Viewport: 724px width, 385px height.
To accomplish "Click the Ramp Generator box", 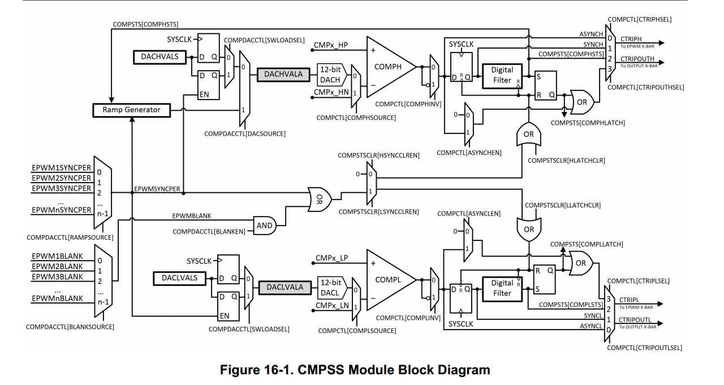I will tap(132, 110).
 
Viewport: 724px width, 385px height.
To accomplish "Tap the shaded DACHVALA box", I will tap(283, 74).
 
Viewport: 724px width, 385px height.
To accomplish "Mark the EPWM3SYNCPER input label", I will tap(62, 188).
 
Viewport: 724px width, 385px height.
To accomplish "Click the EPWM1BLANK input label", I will tap(57, 256).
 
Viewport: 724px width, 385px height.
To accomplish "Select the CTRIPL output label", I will tap(630, 299).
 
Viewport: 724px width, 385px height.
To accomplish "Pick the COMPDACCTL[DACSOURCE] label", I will tap(245, 134).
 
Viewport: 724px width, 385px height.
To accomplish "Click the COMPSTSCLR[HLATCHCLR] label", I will tap(566, 161).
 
